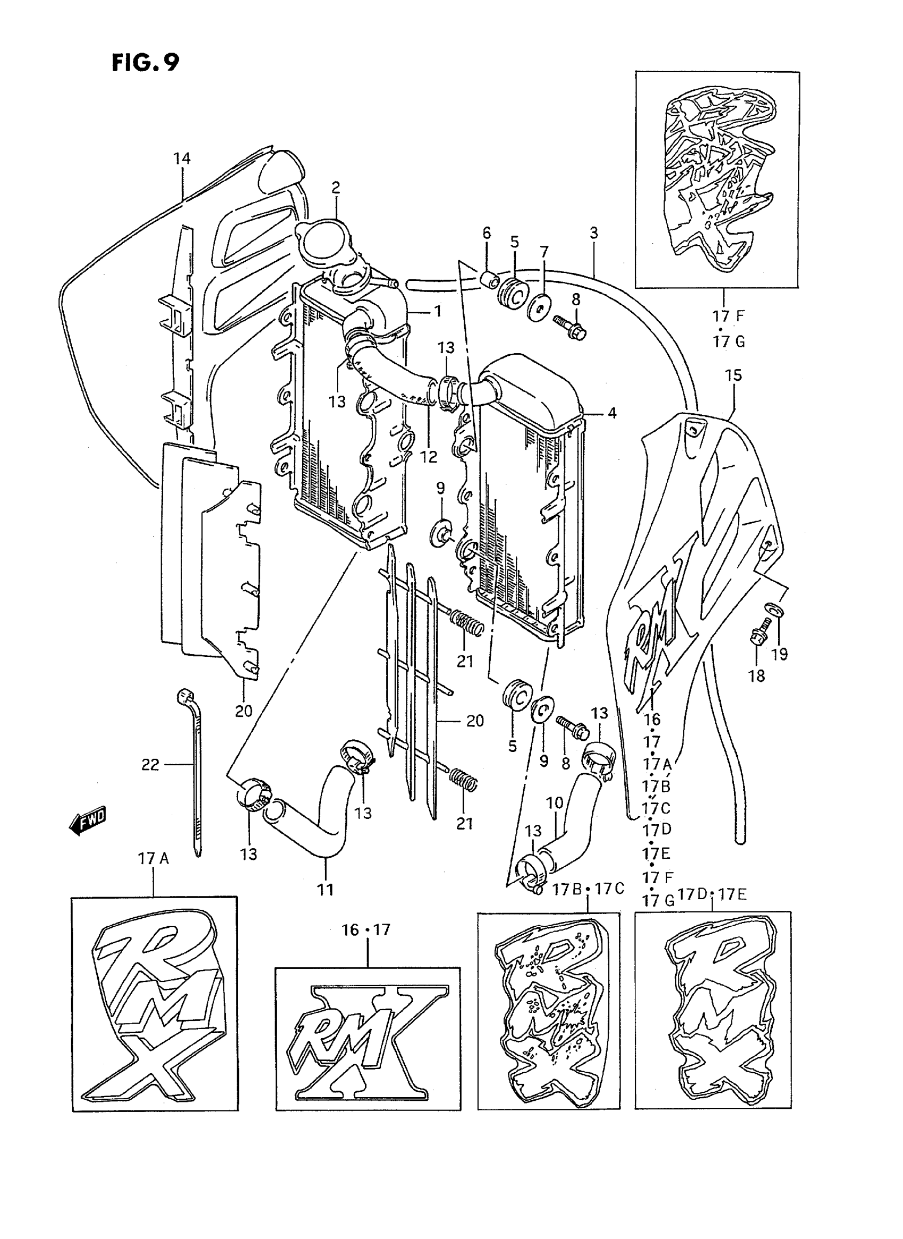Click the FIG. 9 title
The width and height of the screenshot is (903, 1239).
coord(146,63)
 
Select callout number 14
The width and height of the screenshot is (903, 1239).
coord(182,158)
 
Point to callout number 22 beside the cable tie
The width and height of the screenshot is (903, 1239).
coord(150,765)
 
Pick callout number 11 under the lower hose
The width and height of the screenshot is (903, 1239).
coord(325,890)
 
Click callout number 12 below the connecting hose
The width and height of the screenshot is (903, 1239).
coord(429,457)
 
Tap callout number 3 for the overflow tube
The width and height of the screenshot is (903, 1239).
coord(594,233)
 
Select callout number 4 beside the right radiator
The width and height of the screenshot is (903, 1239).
coord(612,413)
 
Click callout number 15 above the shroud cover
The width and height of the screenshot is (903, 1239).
coord(734,375)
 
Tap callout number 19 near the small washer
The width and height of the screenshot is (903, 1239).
coord(779,654)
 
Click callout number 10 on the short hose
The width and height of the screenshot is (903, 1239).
coord(554,803)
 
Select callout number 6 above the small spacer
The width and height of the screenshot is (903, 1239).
coord(487,233)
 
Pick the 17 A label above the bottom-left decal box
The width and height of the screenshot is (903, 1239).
coord(154,859)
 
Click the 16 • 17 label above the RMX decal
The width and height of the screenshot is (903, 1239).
coord(366,930)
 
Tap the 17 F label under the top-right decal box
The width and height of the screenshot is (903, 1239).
coord(728,316)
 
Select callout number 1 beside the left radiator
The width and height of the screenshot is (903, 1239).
coord(438,312)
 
